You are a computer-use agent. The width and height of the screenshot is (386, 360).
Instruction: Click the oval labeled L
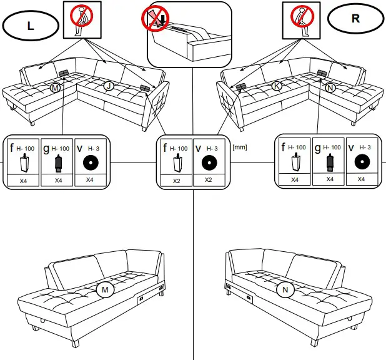31,26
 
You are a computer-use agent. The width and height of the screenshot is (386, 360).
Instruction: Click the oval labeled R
355,18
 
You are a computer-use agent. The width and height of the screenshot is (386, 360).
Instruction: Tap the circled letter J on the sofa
109,86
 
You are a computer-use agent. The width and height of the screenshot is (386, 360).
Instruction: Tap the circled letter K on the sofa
277,86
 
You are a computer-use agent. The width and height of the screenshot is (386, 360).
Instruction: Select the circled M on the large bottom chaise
104,290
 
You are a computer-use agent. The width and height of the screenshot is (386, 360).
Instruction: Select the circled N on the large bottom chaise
285,290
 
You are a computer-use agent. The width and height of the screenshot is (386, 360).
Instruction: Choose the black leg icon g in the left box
59,164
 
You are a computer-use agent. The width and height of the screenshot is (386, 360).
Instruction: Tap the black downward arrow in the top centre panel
162,20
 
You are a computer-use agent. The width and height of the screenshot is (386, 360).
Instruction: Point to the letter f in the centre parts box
165,148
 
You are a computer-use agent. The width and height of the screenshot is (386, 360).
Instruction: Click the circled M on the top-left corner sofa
55,89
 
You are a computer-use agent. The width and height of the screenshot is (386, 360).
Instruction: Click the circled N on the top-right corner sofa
330,88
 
